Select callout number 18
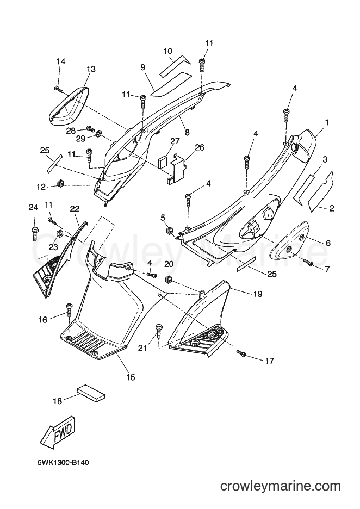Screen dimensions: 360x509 pyautogui.click(x=57, y=401)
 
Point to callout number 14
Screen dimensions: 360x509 pyautogui.click(x=61, y=61)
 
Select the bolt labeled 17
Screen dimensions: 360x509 pyautogui.click(x=241, y=353)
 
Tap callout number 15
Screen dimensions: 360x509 pyautogui.click(x=131, y=377)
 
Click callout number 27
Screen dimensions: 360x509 pyautogui.click(x=175, y=141)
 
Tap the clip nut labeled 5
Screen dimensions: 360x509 pyautogui.click(x=170, y=230)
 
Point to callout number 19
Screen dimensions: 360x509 pyautogui.click(x=258, y=294)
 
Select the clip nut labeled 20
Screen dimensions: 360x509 pyautogui.click(x=169, y=279)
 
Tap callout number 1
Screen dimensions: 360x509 pyautogui.click(x=327, y=123)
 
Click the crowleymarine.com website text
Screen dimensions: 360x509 pyautogui.click(x=281, y=486)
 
